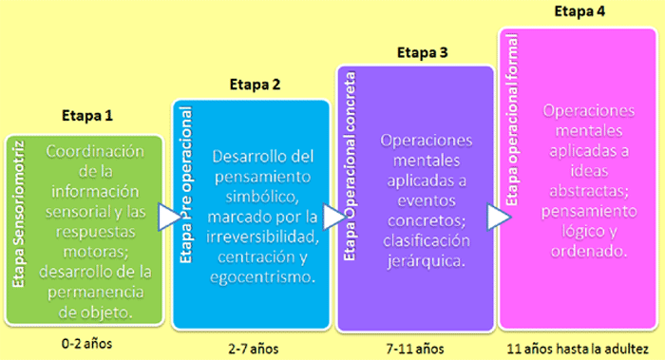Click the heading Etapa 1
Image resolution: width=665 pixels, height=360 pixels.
tap(86, 117)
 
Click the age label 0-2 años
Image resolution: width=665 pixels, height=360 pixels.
tap(85, 342)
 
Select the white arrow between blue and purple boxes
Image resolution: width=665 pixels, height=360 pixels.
tap(332, 218)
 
